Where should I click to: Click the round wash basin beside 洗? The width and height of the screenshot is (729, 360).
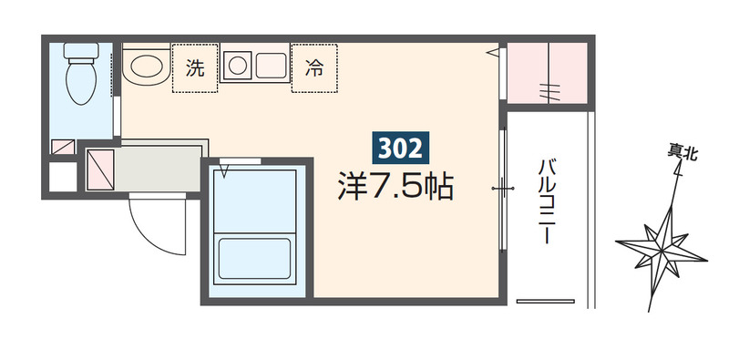tap(145, 67)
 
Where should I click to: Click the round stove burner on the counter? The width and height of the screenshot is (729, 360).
tap(238, 66)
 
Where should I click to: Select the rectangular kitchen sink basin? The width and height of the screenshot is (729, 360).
tap(271, 66)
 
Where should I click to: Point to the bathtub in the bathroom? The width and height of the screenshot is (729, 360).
tap(254, 256)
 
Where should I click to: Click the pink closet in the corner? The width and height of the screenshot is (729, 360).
tap(547, 73)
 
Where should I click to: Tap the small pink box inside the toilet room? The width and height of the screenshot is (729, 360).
tap(63, 146)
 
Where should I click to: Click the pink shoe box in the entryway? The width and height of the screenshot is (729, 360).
tap(99, 169)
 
